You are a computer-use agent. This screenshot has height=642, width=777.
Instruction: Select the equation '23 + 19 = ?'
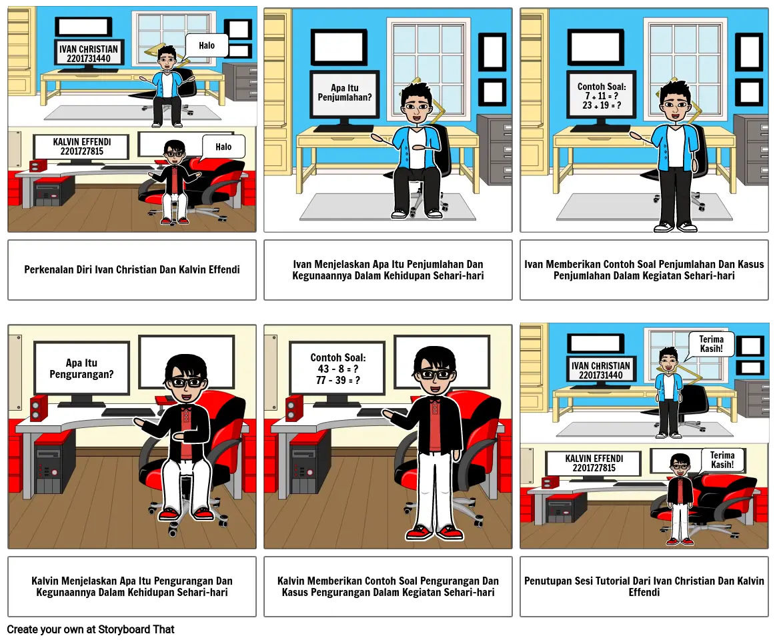pyautogui.click(x=602, y=105)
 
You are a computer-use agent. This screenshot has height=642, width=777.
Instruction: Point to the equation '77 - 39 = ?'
pyautogui.click(x=338, y=381)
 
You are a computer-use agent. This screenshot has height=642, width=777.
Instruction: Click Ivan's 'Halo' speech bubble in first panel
pyautogui.click(x=207, y=46)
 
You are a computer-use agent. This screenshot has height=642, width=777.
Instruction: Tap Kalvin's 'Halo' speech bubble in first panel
pyautogui.click(x=223, y=147)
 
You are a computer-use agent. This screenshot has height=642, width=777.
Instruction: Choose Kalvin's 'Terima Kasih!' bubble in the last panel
pyautogui.click(x=722, y=460)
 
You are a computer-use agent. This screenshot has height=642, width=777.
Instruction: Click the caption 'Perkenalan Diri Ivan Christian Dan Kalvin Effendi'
pyautogui.click(x=131, y=270)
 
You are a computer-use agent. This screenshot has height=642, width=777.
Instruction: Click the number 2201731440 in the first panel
pyautogui.click(x=89, y=59)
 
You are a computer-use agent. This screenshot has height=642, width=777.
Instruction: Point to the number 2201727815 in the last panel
pyautogui.click(x=594, y=468)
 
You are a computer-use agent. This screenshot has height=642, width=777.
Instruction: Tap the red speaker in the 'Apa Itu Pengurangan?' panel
pyautogui.click(x=39, y=407)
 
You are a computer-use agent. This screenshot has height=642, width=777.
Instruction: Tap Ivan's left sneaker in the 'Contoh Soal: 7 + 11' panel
pyautogui.click(x=664, y=227)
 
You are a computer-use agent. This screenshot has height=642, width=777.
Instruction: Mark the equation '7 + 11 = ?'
pyautogui.click(x=602, y=96)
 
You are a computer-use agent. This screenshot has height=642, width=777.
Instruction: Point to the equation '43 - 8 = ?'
pyautogui.click(x=338, y=369)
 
